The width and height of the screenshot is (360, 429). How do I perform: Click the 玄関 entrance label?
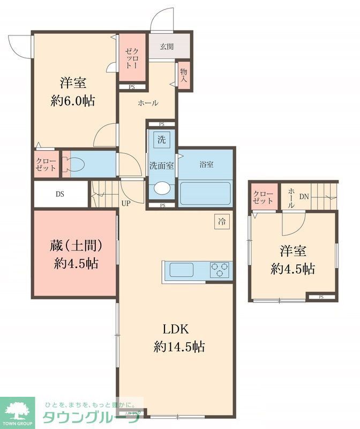[166, 47]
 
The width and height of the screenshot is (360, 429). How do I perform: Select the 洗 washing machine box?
[161, 140]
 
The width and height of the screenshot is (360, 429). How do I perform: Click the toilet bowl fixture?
[74, 165]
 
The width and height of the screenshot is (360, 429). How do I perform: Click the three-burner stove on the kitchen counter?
[219, 269]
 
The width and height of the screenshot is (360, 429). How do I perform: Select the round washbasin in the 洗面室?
[161, 189]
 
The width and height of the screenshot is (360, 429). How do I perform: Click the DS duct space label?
[59, 195]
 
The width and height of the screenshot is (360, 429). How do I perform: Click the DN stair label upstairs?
[304, 197]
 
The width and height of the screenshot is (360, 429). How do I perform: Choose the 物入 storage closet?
[184, 75]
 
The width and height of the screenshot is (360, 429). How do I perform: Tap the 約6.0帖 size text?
[73, 101]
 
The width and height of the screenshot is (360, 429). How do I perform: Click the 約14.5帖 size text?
[177, 346]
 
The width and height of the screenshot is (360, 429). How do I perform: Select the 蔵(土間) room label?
[74, 245]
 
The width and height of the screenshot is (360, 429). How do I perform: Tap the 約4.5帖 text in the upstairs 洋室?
[292, 269]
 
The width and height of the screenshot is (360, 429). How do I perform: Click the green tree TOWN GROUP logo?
[17, 412]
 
